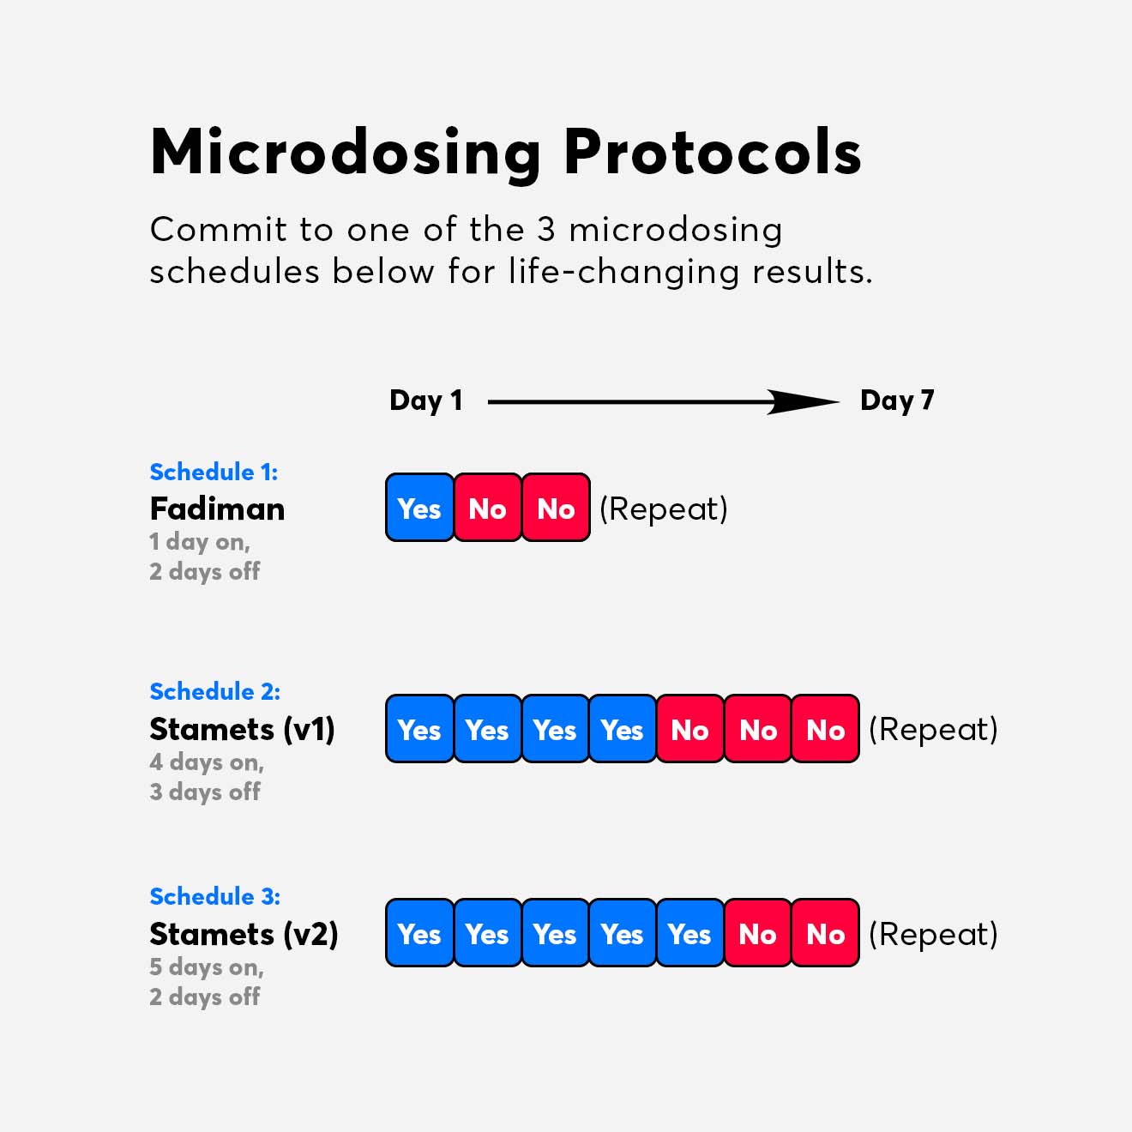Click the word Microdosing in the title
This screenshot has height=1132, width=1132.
[345, 153]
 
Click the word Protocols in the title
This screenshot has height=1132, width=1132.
[712, 153]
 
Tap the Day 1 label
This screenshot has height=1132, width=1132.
[425, 400]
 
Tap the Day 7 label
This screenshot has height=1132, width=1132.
[896, 400]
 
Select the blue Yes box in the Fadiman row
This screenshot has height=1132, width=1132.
[419, 508]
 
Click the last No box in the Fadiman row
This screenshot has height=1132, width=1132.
[556, 508]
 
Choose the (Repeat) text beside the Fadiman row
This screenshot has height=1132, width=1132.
[663, 509]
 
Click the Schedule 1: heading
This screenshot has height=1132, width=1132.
[214, 472]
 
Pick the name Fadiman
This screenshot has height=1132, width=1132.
[217, 509]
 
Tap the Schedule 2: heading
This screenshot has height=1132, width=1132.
[214, 691]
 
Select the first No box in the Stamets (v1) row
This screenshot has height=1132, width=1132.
[689, 729]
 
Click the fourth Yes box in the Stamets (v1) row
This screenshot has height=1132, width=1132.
[622, 729]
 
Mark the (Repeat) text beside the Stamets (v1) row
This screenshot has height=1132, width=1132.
[933, 729]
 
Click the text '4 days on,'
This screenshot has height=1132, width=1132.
[206, 762]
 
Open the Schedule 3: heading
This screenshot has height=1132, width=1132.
[214, 896]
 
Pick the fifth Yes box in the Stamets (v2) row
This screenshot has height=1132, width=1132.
[689, 933]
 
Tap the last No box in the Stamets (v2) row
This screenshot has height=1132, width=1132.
[825, 933]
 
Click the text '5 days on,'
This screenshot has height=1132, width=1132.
[206, 966]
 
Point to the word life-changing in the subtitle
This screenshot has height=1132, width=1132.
[623, 272]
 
